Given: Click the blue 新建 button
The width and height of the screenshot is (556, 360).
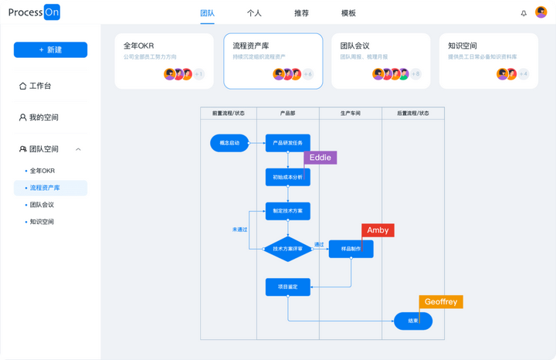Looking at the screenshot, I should click(50, 49).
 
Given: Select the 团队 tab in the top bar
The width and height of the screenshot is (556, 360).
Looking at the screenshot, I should click(207, 13).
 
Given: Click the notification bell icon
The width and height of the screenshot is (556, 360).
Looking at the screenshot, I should click(524, 13).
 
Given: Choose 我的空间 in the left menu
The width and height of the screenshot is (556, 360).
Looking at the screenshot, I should click(43, 117).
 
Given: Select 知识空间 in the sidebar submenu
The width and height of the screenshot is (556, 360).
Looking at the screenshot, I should click(42, 222).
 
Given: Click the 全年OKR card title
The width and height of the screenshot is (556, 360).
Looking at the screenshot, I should click(140, 46).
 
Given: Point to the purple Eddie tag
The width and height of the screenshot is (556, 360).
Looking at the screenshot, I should click(320, 157).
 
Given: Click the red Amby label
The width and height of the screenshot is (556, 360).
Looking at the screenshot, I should click(378, 230).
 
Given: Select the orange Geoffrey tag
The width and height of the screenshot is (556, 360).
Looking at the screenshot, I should click(441, 302).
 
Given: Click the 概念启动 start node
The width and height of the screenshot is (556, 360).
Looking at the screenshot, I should click(229, 143).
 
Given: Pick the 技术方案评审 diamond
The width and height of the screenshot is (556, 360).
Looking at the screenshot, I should click(287, 249).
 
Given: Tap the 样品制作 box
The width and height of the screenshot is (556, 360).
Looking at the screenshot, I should click(351, 249).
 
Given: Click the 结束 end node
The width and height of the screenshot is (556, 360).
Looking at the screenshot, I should click(413, 321).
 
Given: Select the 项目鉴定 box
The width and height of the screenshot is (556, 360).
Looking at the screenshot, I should click(287, 287).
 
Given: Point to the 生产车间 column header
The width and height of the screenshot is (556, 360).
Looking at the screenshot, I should click(351, 114).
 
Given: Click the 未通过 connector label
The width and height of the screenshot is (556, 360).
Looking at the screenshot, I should click(239, 229).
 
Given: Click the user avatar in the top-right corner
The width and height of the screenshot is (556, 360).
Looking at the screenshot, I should click(541, 12).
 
